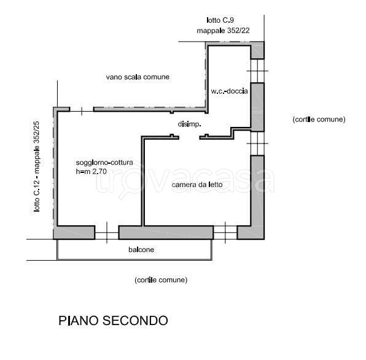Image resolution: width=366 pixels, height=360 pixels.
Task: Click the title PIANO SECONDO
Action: pos(112,321)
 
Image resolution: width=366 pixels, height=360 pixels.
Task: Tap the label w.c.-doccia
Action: pos(229,91)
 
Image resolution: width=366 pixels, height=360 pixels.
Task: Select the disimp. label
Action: pos(190,124)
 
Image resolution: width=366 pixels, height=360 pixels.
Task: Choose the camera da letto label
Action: pos(197,184)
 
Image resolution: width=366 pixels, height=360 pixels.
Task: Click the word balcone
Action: pos(141,250)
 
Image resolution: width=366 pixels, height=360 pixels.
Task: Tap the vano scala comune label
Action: pos(137,77)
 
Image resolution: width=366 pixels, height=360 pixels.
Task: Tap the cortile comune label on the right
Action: pos(319,119)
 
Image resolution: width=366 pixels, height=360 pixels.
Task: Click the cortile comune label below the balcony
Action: pos(160,280)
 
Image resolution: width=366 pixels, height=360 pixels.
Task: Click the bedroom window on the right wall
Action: pos(257,143)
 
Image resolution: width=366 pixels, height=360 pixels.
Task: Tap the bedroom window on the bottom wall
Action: pos(225,232)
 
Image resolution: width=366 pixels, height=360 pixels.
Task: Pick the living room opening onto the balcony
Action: pos(106,232)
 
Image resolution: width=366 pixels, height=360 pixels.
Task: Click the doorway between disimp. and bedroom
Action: pos(189,137)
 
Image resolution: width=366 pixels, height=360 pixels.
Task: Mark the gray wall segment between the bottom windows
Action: pos(165,232)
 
